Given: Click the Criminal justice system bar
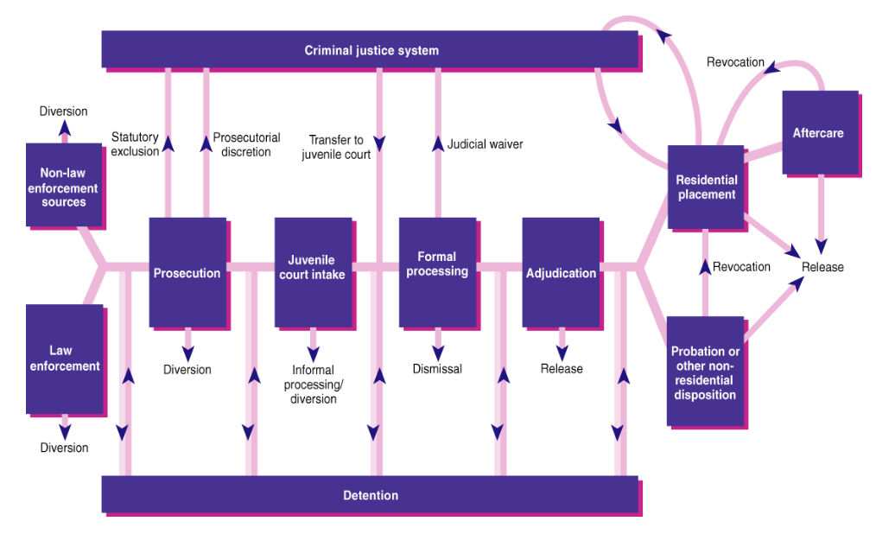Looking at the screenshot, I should click(x=371, y=50).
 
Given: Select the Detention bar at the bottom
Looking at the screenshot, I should click(x=371, y=495).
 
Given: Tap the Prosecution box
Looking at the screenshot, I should click(x=187, y=272).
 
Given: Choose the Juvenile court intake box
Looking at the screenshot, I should click(x=312, y=267).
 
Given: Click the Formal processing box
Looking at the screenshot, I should click(x=437, y=264).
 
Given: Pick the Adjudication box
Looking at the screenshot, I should click(x=561, y=273).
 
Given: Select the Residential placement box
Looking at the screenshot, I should click(x=706, y=188).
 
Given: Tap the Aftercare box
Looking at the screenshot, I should click(x=818, y=133).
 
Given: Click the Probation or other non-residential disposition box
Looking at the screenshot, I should click(x=706, y=373).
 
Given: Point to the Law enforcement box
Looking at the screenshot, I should click(x=64, y=358).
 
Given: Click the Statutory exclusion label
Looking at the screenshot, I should click(x=135, y=144).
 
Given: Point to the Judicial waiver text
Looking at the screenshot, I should click(x=485, y=144).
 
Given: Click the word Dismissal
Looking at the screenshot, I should click(x=437, y=369).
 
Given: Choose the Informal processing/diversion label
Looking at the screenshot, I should click(x=313, y=385).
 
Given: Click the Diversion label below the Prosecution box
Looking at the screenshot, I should click(x=187, y=370).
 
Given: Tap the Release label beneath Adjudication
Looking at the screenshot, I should click(x=562, y=369).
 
